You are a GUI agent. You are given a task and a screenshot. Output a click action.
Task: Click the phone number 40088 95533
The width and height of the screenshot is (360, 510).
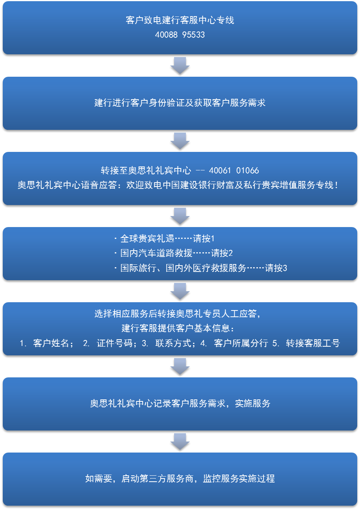180,35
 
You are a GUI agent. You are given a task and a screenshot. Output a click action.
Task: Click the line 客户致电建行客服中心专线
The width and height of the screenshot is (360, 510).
180,20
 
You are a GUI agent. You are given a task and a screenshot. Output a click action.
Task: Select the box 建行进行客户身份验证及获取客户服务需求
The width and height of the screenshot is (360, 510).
180,103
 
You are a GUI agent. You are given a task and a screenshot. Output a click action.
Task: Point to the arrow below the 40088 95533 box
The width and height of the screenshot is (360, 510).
180,65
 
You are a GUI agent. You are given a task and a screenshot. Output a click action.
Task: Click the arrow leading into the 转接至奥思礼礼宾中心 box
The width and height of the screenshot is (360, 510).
180,140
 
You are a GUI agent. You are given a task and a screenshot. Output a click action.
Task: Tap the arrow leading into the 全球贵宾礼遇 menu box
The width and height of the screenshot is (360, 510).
180,216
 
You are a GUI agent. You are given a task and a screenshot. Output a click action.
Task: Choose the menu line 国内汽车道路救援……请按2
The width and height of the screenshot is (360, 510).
173,253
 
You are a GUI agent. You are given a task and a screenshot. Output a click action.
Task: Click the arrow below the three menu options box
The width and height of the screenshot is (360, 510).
180,291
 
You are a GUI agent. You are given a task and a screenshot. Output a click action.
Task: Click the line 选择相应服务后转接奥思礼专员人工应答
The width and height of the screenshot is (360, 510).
177,314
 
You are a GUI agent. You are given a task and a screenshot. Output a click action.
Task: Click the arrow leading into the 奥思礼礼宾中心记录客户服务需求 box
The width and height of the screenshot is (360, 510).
180,366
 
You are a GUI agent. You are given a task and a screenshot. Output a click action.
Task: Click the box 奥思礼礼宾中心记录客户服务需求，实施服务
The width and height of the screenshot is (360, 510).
180,404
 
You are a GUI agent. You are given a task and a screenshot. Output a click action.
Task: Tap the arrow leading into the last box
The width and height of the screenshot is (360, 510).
180,441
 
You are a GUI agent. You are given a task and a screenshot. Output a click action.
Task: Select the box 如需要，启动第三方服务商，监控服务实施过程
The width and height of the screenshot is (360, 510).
180,479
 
